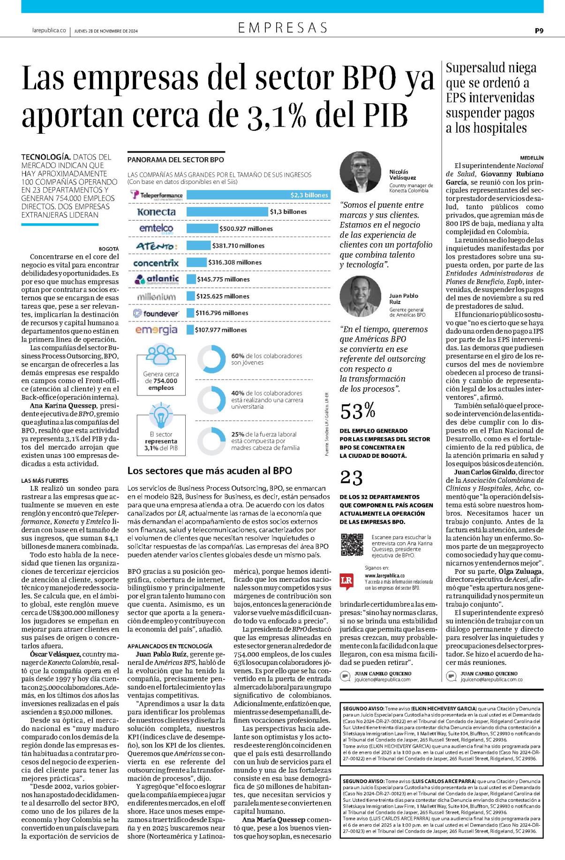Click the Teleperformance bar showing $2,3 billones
tap(258, 195)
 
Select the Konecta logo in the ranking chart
tap(156, 212)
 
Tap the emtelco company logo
tap(156, 228)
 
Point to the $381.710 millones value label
tap(238, 245)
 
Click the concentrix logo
tap(156, 263)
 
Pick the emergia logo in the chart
tap(156, 330)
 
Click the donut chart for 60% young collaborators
tap(212, 359)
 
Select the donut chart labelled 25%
tap(212, 441)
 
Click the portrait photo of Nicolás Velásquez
tap(361, 172)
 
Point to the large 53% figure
tap(358, 411)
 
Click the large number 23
tap(352, 478)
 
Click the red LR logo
tap(347, 581)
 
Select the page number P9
tap(539, 31)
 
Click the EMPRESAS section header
tap(283, 28)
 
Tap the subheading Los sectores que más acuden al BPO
tap(210, 471)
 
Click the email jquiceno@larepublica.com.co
tap(491, 679)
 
